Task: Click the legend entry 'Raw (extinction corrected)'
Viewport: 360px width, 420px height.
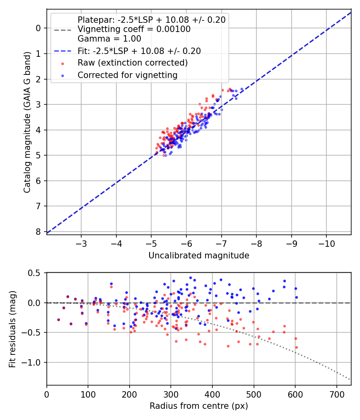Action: coord(132,63)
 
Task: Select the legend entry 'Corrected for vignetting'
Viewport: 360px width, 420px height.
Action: coord(128,75)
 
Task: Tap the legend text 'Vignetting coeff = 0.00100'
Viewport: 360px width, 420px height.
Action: coord(134,29)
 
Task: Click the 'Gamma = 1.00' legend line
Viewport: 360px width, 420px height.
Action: coord(109,39)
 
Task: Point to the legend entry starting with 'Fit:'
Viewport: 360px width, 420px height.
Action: coord(139,51)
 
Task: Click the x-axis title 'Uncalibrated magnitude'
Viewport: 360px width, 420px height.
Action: coord(199,256)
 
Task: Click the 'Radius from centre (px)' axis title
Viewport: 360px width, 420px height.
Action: coord(199,406)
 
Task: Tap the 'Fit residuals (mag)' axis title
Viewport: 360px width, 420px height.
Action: coord(12,329)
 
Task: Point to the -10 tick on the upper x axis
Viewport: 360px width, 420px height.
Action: coord(326,244)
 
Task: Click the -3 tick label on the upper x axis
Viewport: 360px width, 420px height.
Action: coord(82,244)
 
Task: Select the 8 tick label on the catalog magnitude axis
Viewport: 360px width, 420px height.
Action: coord(38,232)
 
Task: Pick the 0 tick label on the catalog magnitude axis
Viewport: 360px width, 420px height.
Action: coord(38,28)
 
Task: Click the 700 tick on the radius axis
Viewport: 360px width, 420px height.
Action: coord(336,395)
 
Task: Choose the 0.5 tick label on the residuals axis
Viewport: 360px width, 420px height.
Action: coord(35,273)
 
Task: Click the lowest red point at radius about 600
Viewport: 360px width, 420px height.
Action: coord(296,347)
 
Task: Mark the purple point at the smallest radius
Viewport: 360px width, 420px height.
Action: coord(58,320)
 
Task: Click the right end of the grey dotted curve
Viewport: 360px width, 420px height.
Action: coord(350,380)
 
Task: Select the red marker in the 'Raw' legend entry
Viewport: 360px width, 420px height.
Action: coord(62,63)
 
